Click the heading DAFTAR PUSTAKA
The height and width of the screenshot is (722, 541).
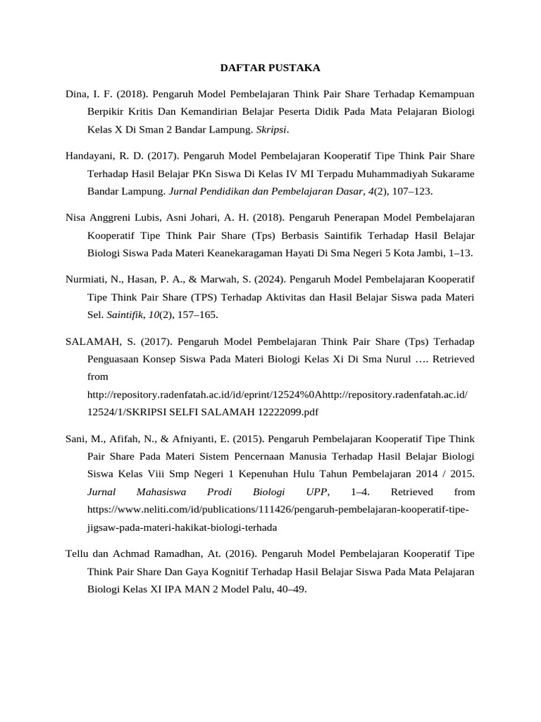coord(270,68)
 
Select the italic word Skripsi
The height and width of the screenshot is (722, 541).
coord(271,130)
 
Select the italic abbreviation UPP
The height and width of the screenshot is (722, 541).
coord(315,491)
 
